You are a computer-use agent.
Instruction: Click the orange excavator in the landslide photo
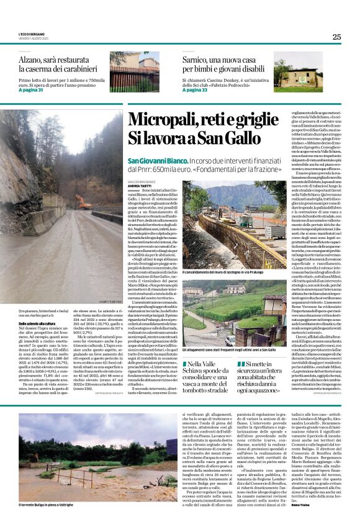[x=83, y=202]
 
